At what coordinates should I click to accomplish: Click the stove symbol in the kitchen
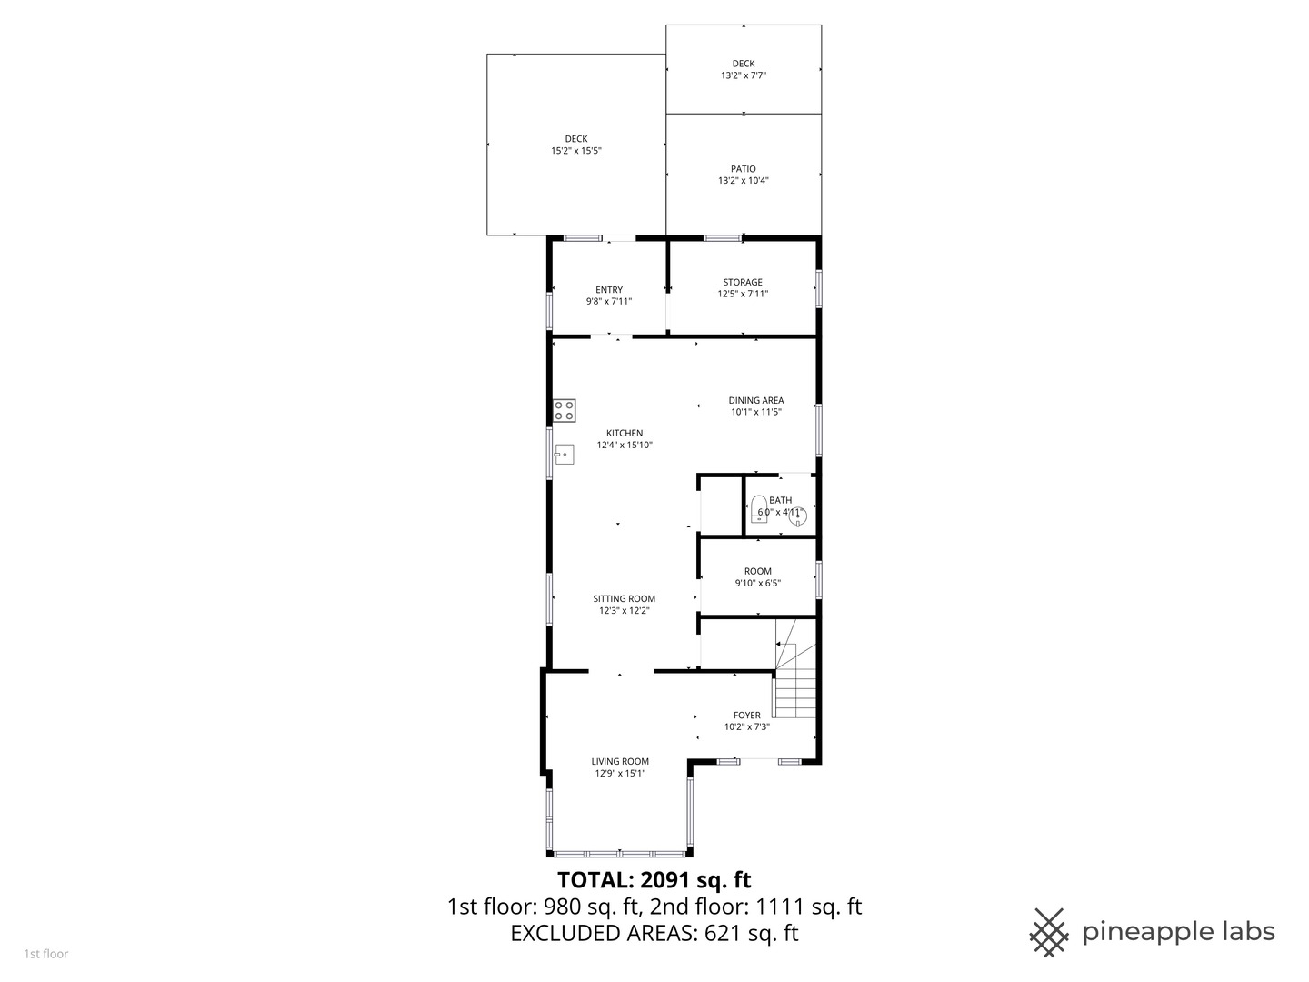tap(565, 410)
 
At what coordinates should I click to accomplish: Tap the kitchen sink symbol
tap(565, 453)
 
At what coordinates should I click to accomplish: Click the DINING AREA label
tap(755, 400)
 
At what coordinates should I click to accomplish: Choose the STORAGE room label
tap(743, 282)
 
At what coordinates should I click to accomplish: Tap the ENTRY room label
tap(609, 290)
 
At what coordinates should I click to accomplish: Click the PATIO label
tap(743, 169)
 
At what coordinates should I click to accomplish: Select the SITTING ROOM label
tap(624, 598)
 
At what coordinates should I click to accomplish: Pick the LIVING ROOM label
tap(620, 761)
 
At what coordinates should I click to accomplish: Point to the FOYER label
tap(747, 715)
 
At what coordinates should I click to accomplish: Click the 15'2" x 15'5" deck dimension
tap(576, 151)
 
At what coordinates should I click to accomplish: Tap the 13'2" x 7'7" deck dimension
tap(743, 75)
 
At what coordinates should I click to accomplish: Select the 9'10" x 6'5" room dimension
tap(757, 584)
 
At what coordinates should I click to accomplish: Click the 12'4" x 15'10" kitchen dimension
tap(625, 446)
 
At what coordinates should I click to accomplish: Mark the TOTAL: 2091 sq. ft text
tap(654, 879)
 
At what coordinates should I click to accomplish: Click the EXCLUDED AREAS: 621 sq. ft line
tap(654, 933)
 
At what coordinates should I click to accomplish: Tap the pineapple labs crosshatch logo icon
tap(1049, 932)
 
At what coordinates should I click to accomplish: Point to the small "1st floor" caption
tap(46, 954)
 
